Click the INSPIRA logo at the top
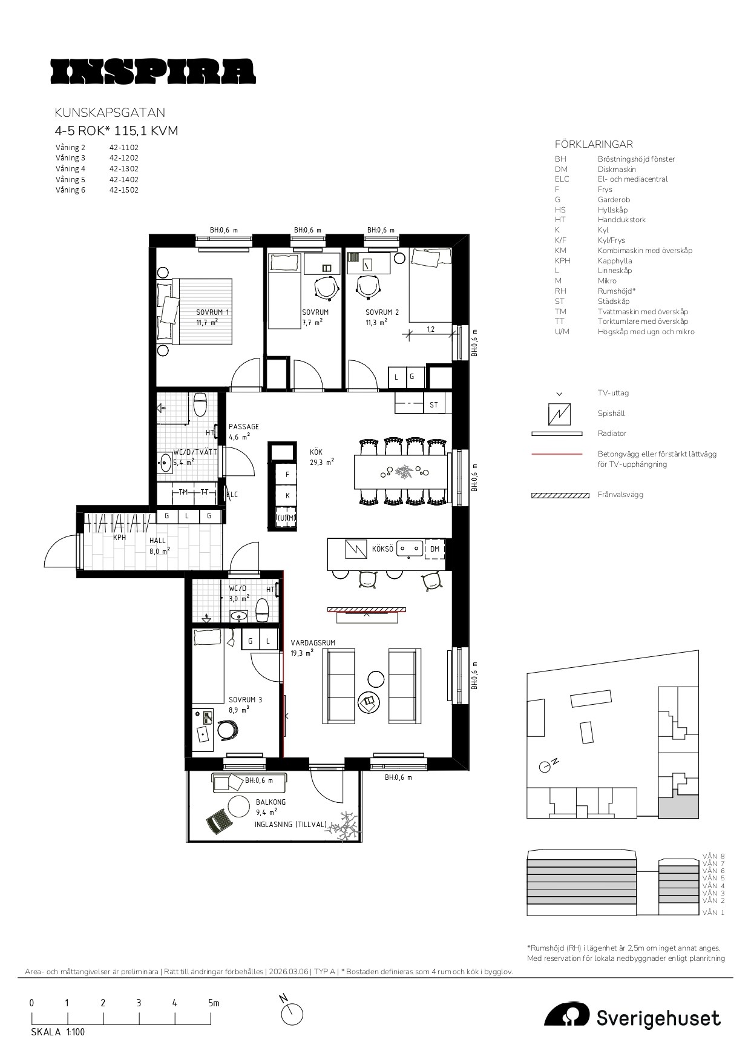click(x=153, y=71)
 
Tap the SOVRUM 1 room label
click(x=212, y=312)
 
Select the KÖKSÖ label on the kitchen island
click(x=382, y=549)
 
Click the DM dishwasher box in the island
click(x=435, y=549)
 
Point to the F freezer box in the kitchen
click(x=287, y=475)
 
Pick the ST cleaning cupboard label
click(x=433, y=404)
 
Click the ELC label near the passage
click(x=232, y=495)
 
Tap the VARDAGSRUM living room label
click(x=313, y=643)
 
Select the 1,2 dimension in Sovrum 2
click(x=431, y=329)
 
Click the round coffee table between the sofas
click(x=376, y=679)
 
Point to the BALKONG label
click(x=271, y=802)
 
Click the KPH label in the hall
click(x=120, y=537)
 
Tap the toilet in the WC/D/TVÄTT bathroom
click(x=200, y=404)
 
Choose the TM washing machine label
click(x=183, y=492)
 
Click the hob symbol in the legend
click(x=559, y=414)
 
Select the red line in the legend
click(x=557, y=453)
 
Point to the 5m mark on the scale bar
click(x=214, y=1003)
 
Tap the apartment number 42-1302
click(x=124, y=169)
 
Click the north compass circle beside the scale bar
click(x=293, y=1014)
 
